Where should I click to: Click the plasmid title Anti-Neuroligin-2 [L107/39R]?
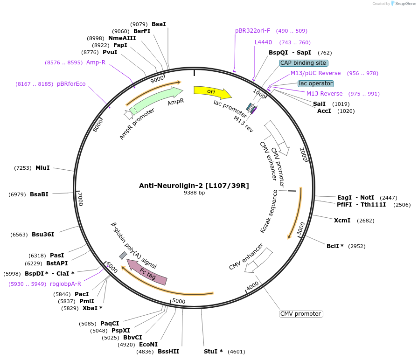click(194, 186)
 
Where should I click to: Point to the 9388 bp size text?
click(194, 193)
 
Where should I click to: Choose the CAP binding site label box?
click(303, 63)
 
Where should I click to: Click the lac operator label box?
click(316, 83)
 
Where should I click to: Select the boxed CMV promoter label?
click(301, 314)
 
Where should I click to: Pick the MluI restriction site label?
click(42, 167)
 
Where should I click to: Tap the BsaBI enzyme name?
click(39, 194)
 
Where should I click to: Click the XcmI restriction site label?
click(342, 220)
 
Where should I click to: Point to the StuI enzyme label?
click(213, 351)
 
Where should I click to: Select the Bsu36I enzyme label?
click(43, 235)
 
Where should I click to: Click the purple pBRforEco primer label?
click(71, 84)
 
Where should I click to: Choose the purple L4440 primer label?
click(263, 42)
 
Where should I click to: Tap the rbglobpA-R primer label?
click(65, 284)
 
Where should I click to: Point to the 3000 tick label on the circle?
click(300, 228)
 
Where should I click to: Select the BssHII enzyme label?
click(168, 351)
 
